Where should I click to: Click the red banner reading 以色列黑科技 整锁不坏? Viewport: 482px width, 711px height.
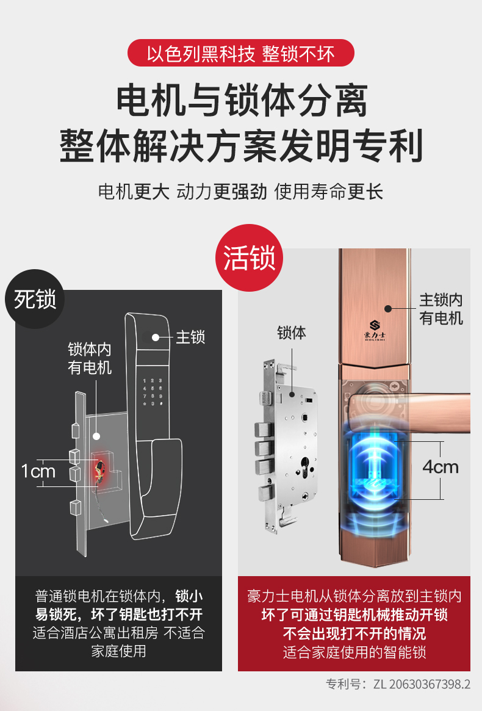pos(241,53)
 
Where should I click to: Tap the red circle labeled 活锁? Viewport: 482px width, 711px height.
pos(249,258)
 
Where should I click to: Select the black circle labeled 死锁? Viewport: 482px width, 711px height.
pos(35,299)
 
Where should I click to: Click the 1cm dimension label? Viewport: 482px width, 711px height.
pos(38,471)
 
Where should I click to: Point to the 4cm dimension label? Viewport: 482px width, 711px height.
pos(441,467)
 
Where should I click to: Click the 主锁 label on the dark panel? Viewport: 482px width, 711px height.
pos(190,337)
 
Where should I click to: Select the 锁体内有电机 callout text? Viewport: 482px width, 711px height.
pos(90,358)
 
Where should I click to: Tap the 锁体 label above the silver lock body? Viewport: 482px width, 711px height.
pos(292,333)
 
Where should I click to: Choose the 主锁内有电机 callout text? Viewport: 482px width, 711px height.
pos(441,309)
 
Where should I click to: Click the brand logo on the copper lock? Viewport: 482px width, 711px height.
pos(375,330)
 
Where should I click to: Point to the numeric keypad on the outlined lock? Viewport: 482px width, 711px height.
pos(153,392)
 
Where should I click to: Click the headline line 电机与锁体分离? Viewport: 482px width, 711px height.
pos(241,100)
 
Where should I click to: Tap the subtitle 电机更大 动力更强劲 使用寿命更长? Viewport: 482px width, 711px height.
pos(241,192)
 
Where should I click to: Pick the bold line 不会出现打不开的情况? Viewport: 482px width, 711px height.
pos(354,633)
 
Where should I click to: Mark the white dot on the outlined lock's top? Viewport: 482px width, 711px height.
pos(156,337)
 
